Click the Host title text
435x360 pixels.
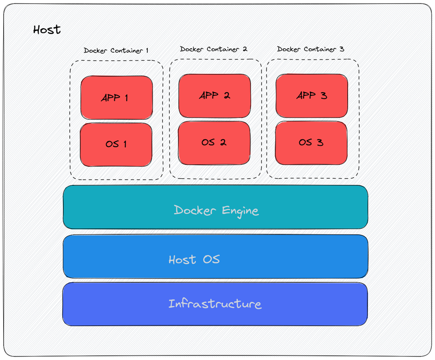click(x=47, y=30)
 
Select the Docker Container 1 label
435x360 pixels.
click(x=116, y=50)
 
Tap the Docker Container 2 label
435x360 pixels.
click(x=213, y=49)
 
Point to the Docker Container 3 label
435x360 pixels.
click(x=311, y=49)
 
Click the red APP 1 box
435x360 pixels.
click(x=117, y=98)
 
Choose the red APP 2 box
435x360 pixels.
click(x=214, y=96)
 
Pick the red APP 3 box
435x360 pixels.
click(x=312, y=96)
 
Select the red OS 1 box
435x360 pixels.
click(x=116, y=144)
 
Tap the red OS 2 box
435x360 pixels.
click(x=214, y=143)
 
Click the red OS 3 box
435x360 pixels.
click(x=311, y=143)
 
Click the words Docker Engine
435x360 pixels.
click(x=216, y=210)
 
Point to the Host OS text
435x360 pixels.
click(x=194, y=260)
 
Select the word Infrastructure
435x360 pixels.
click(x=215, y=304)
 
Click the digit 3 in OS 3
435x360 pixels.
click(x=319, y=143)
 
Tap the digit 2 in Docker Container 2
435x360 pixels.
click(x=245, y=49)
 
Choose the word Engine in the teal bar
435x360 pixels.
click(x=240, y=211)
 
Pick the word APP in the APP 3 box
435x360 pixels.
click(x=306, y=96)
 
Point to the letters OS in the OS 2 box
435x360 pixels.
click(x=208, y=143)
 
